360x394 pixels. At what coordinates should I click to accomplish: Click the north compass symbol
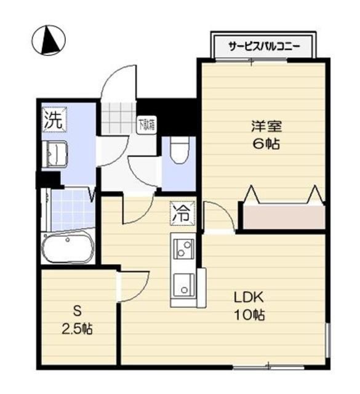click(x=49, y=40)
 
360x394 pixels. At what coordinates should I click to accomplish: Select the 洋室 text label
click(x=266, y=127)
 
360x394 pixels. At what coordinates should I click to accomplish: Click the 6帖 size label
click(x=266, y=145)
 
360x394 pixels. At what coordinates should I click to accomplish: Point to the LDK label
click(x=249, y=297)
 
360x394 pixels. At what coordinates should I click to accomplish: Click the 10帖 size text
click(x=249, y=315)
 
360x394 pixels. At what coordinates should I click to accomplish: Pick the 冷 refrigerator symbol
click(x=182, y=214)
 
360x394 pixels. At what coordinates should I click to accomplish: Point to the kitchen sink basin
click(x=183, y=284)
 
